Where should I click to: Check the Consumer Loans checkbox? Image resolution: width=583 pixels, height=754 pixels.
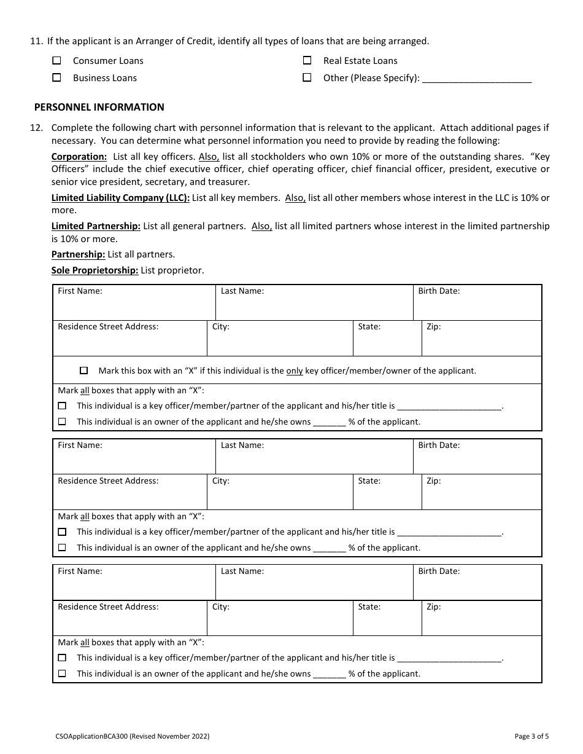point(57,61)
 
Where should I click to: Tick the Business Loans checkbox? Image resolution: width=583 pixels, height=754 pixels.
point(57,78)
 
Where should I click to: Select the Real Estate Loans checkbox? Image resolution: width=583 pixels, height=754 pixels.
point(307,61)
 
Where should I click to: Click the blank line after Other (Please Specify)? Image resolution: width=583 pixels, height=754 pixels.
point(477,79)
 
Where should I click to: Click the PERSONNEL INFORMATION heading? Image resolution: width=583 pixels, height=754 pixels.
point(99,107)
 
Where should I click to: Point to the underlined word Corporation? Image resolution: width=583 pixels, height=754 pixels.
point(79,157)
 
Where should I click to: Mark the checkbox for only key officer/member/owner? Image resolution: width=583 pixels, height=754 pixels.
point(84,371)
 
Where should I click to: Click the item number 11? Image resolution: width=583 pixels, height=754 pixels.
point(36,41)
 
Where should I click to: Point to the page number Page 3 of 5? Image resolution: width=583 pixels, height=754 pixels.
point(532,736)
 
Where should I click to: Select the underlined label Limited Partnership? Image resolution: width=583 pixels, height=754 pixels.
point(96,226)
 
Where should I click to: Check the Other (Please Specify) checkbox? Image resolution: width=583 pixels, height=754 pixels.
point(307,78)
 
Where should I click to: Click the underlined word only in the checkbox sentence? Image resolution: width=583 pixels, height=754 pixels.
point(295,371)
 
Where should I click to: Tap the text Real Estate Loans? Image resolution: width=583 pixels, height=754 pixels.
point(360,61)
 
